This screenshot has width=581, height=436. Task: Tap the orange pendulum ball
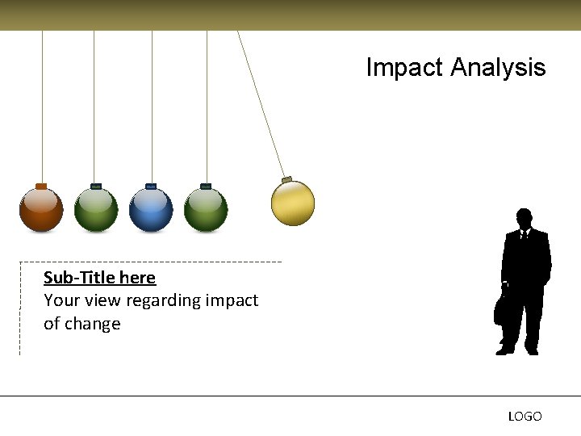(x=41, y=210)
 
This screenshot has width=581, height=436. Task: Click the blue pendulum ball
(x=151, y=210)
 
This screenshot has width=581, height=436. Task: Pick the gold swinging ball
(x=292, y=203)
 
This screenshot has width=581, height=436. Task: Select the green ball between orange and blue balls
(x=96, y=210)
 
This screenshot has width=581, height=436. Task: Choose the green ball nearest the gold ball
(x=206, y=210)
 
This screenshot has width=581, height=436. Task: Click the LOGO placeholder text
(x=525, y=417)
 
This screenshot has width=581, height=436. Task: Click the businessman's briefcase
(x=501, y=308)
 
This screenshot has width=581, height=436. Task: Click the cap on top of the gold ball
(x=286, y=178)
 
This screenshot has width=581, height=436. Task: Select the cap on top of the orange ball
(x=41, y=186)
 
